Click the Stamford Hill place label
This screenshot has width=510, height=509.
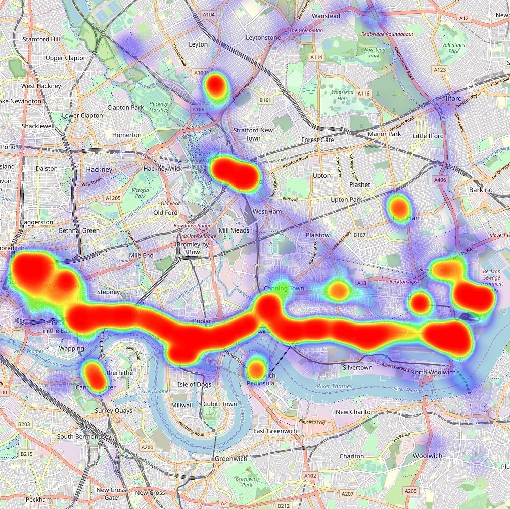coord(43,39)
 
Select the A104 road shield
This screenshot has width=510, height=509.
coord(209,15)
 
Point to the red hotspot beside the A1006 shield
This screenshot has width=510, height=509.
coord(216,86)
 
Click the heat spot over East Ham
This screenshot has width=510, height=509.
coord(399,207)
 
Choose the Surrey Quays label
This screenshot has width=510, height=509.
coord(113,411)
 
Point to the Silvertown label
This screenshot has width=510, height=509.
coord(357,368)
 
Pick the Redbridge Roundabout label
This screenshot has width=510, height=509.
coord(387,34)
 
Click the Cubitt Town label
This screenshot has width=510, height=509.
coord(219,404)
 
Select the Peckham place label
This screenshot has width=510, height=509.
coord(38,499)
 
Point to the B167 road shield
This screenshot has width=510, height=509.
coord(360,235)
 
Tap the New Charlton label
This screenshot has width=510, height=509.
coord(355,412)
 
